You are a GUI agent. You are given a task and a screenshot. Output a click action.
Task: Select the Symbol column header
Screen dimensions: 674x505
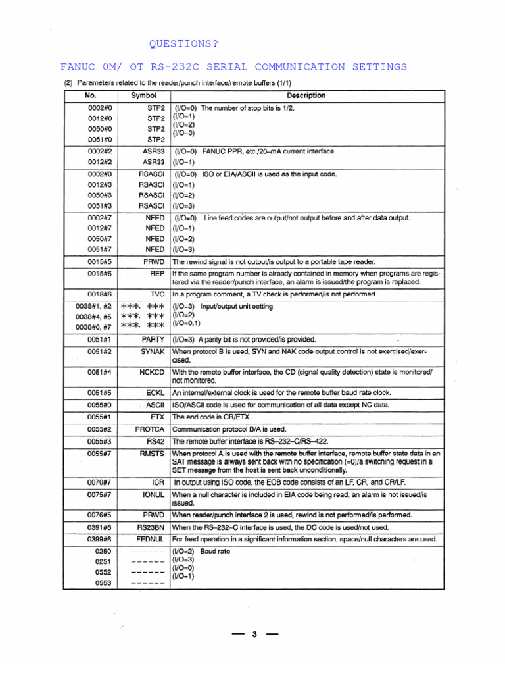(143, 95)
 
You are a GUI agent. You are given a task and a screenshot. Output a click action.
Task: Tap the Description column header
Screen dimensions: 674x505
(306, 95)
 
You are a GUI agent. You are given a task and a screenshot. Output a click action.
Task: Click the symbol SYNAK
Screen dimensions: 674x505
(152, 351)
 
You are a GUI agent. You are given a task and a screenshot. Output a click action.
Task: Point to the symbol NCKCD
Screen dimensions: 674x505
(151, 372)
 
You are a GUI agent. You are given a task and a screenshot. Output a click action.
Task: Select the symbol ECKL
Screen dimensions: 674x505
(155, 392)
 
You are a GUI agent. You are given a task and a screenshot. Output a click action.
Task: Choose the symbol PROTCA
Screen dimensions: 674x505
(149, 429)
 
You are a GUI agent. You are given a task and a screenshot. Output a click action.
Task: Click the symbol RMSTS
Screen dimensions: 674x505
(151, 453)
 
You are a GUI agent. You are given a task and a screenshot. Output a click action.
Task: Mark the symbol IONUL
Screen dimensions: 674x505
(152, 494)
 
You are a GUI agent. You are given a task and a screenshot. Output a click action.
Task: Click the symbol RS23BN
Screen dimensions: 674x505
(150, 527)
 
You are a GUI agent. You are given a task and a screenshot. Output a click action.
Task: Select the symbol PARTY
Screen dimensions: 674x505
(153, 340)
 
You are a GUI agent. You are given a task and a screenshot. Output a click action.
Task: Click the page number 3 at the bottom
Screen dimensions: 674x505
(254, 635)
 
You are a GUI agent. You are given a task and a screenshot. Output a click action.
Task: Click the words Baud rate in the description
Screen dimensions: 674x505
(215, 552)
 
